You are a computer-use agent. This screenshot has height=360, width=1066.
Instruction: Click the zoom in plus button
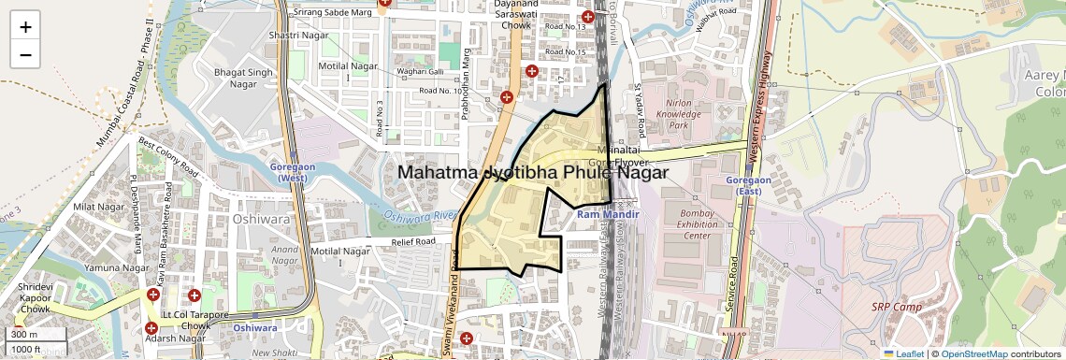[25, 26]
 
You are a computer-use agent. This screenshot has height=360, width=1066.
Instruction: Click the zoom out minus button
[25, 54]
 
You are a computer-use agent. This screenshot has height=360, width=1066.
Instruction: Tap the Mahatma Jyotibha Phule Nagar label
[533, 173]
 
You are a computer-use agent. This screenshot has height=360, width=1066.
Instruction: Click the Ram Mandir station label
[607, 215]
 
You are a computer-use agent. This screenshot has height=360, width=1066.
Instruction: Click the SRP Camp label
[897, 308]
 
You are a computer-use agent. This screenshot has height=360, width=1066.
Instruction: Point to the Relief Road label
[413, 241]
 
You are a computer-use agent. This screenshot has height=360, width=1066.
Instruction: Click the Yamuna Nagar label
[117, 268]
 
